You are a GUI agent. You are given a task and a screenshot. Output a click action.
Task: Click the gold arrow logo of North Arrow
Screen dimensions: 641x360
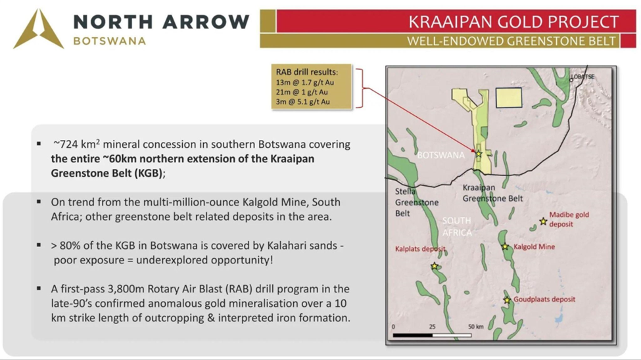click(38, 29)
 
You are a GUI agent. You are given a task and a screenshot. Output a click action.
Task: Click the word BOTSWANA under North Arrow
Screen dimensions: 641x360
click(110, 41)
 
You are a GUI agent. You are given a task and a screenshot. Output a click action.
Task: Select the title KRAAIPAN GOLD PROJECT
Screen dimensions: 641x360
click(514, 22)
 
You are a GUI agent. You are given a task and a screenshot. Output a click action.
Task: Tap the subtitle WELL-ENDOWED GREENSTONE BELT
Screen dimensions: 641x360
click(511, 41)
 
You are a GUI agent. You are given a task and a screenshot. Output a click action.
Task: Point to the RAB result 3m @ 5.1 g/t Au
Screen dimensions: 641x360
click(302, 102)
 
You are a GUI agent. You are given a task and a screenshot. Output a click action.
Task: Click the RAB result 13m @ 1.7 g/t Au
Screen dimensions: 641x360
click(304, 82)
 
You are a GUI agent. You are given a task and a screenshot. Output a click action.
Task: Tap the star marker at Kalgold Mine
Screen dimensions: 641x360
click(506, 246)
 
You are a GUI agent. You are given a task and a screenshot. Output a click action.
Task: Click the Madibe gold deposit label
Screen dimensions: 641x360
click(569, 219)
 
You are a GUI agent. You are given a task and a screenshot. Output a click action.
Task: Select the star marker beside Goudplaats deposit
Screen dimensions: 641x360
click(507, 300)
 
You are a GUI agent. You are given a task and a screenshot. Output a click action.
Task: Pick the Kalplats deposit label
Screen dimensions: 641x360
click(420, 249)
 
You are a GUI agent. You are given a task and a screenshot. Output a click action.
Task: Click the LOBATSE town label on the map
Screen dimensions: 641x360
click(583, 77)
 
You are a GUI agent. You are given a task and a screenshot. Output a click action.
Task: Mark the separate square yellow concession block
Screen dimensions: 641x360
click(509, 98)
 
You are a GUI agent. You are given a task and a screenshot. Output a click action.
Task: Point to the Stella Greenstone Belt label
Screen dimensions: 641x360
click(417, 202)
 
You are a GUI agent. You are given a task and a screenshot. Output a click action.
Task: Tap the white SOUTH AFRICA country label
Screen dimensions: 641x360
click(457, 227)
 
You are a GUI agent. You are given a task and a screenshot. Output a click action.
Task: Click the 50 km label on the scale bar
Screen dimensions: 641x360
click(476, 326)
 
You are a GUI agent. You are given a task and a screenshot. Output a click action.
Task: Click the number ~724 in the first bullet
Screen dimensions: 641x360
click(65, 145)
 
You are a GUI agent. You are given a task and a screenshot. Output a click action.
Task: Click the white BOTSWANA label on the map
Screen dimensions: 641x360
click(440, 155)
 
